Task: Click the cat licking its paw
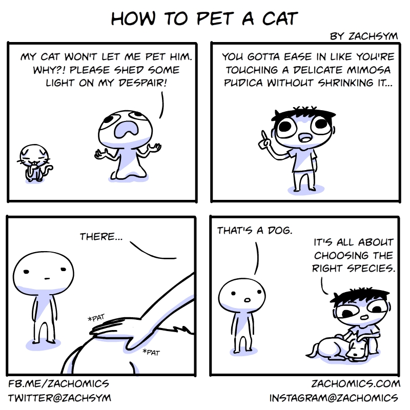[34, 163]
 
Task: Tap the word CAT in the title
[280, 18]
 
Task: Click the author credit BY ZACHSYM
[364, 36]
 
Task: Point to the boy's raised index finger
[264, 136]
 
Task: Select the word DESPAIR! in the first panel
[143, 83]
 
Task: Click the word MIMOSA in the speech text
[369, 70]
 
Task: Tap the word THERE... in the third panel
[101, 237]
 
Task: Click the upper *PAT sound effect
[96, 318]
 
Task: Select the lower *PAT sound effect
[151, 353]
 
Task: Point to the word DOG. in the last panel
[279, 231]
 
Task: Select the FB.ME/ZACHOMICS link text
[58, 384]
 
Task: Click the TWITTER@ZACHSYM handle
[59, 398]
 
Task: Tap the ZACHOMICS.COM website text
[356, 384]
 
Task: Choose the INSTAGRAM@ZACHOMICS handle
[334, 398]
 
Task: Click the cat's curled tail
[48, 170]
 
